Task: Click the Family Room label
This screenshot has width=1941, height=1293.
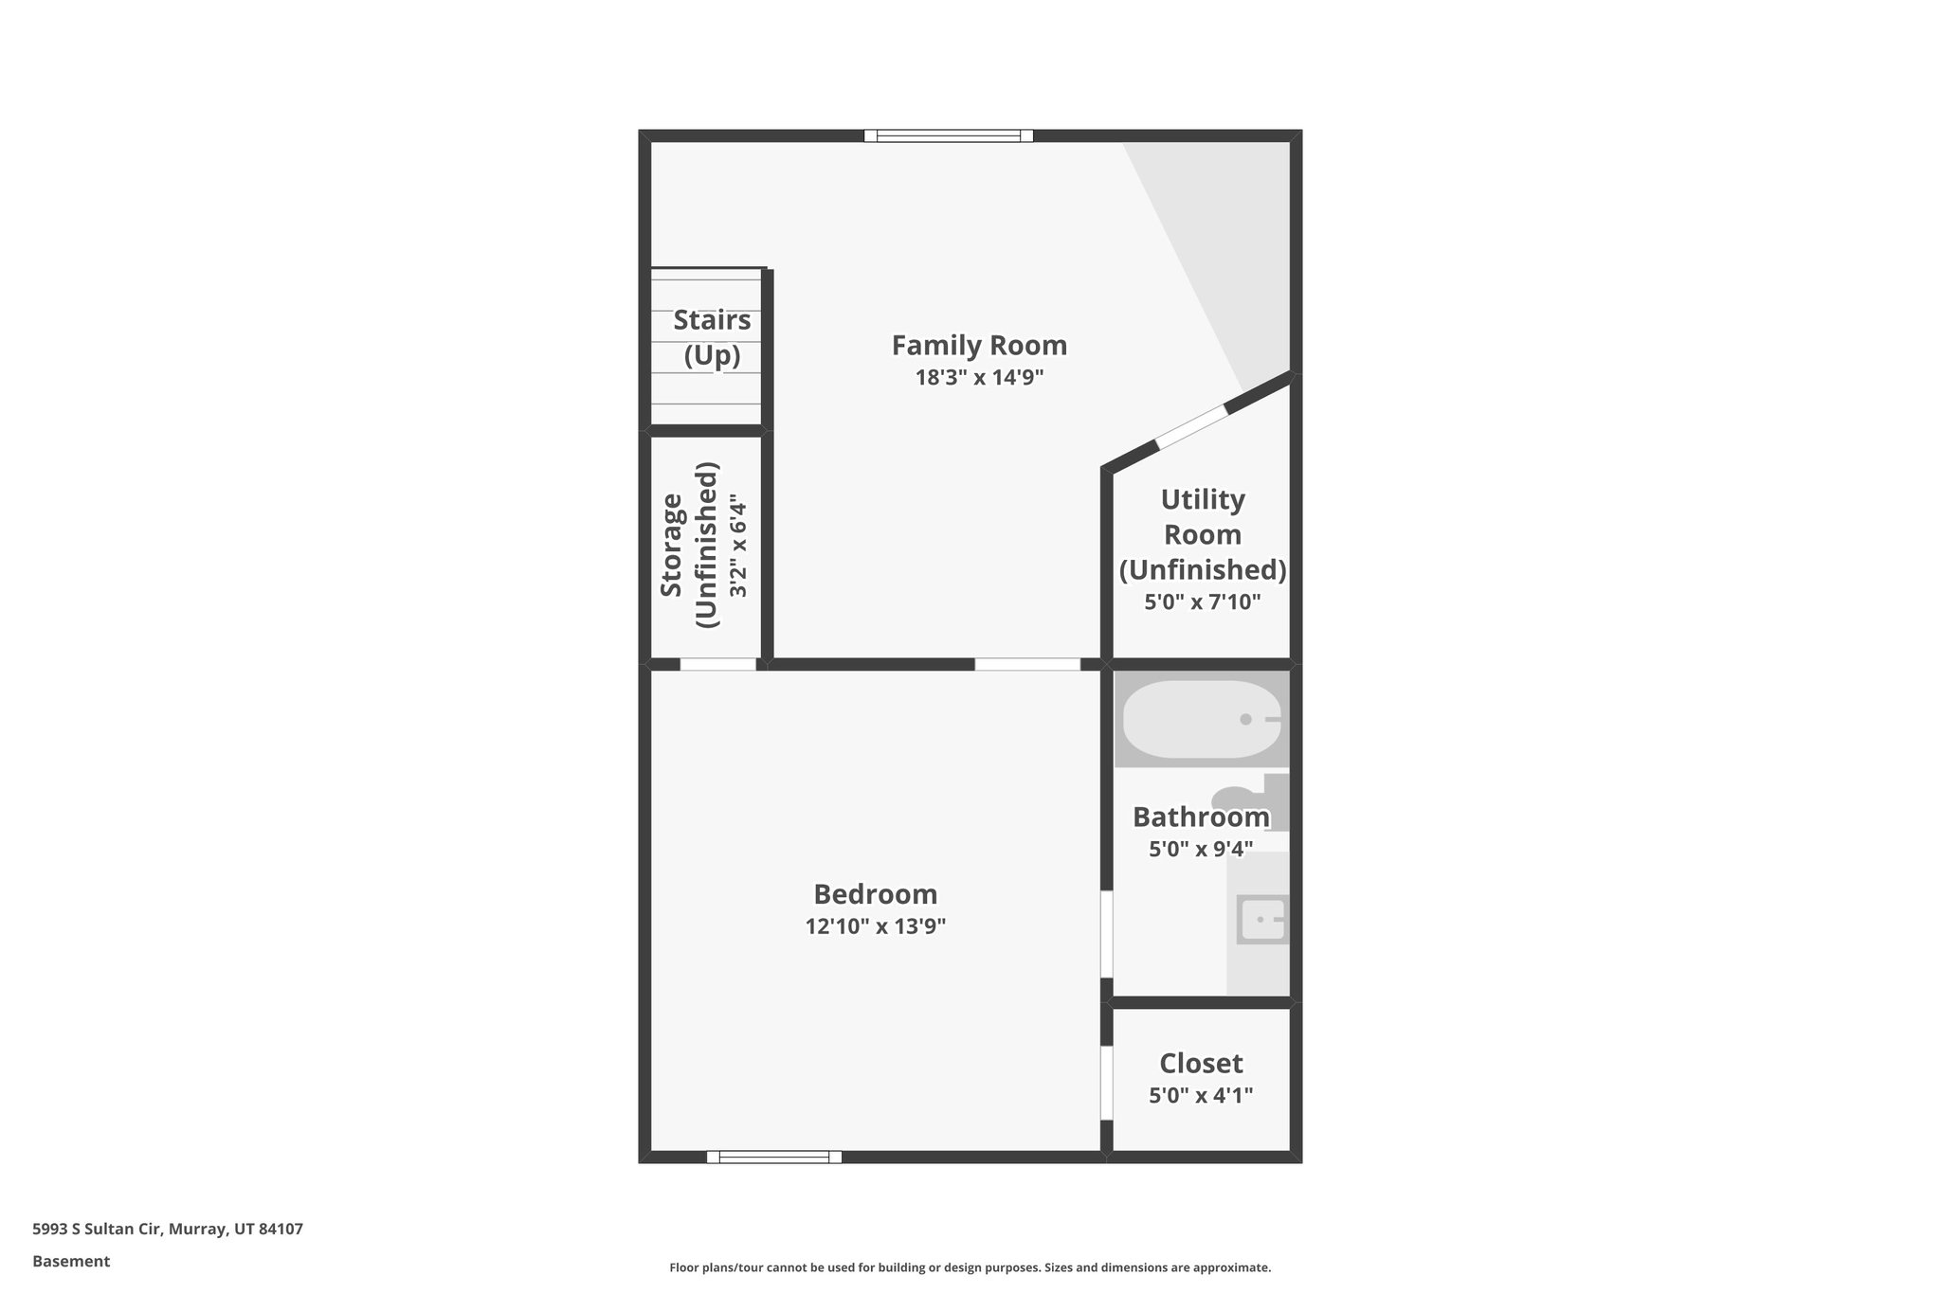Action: point(979,346)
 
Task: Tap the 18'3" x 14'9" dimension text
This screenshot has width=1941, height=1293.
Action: point(979,378)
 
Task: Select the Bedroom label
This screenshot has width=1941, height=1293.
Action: point(875,894)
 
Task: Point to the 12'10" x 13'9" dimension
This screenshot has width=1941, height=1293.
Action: point(875,926)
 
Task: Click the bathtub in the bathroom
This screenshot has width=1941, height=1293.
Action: point(1200,720)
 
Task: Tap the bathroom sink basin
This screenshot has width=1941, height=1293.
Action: point(1262,920)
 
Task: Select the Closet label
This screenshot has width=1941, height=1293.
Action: point(1201,1063)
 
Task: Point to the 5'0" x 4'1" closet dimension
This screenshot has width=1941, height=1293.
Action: point(1201,1096)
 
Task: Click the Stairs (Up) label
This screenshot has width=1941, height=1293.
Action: point(712,337)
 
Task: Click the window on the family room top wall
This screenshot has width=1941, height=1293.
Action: point(948,136)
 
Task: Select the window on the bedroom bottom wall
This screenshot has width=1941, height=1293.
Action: point(773,1157)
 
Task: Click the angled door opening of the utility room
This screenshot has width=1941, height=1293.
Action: point(1191,427)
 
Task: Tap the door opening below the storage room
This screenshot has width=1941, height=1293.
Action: point(717,664)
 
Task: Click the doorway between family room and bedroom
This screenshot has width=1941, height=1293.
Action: point(1027,664)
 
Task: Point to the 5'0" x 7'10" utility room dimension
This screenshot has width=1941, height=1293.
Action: point(1202,602)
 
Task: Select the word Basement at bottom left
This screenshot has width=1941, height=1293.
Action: point(71,1262)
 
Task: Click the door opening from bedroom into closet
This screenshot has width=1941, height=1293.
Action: point(1106,1083)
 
